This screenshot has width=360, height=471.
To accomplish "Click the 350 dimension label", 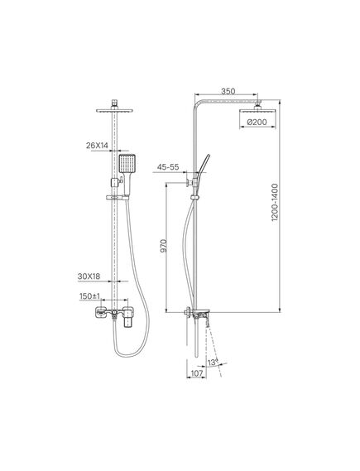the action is coord(228,91).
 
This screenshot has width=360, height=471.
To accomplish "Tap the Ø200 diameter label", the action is coord(257,123).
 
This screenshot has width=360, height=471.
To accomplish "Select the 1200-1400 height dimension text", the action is coord(275,203).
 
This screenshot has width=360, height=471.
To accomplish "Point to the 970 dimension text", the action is coord(163,246).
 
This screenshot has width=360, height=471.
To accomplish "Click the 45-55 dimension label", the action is coord(168,167).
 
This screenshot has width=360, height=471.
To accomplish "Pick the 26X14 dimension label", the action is coord(97,146).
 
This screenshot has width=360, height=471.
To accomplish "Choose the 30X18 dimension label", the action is coord(89,276).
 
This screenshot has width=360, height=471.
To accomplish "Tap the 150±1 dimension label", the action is coord(89,296).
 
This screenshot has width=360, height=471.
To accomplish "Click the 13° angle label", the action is coord(213,363).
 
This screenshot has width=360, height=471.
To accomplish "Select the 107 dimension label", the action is coord(197,373).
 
